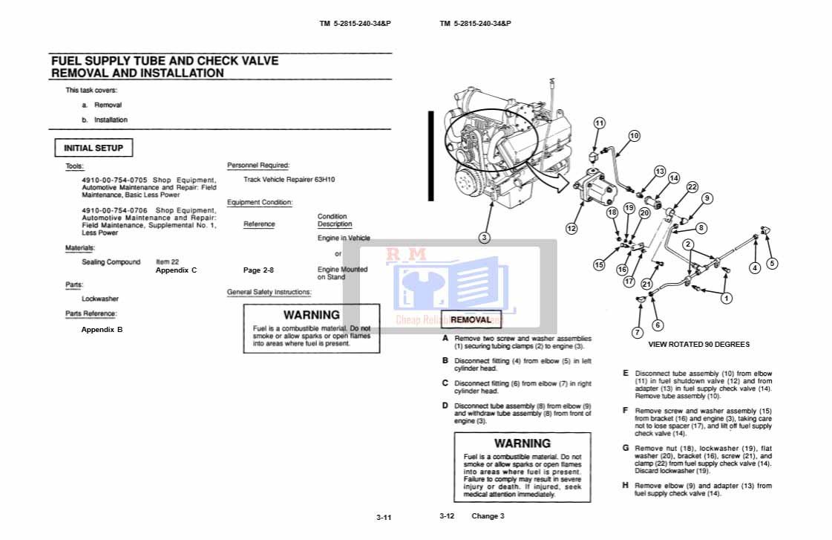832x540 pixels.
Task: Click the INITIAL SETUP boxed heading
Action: pyautogui.click(x=94, y=148)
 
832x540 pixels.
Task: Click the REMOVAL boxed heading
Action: pyautogui.click(x=471, y=320)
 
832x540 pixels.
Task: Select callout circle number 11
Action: pyautogui.click(x=599, y=123)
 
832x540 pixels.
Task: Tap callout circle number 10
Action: pyautogui.click(x=634, y=136)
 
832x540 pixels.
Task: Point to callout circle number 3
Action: pyautogui.click(x=484, y=238)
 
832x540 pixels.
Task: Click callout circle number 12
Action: pyautogui.click(x=571, y=229)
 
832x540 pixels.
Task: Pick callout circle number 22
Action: pyautogui.click(x=692, y=187)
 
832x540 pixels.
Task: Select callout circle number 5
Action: pyautogui.click(x=772, y=263)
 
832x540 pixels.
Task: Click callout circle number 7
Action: pyautogui.click(x=637, y=332)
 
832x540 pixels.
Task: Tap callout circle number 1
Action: pyautogui.click(x=727, y=299)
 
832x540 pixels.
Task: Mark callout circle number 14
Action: pyautogui.click(x=673, y=178)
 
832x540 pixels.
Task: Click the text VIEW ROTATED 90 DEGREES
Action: pyautogui.click(x=698, y=344)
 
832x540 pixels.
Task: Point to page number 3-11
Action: pyautogui.click(x=383, y=518)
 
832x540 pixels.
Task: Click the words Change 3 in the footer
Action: pyautogui.click(x=488, y=516)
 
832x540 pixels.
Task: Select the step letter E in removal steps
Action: pyautogui.click(x=626, y=373)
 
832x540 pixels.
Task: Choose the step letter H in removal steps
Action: pyautogui.click(x=626, y=485)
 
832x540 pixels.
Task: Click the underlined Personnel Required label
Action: pyautogui.click(x=258, y=166)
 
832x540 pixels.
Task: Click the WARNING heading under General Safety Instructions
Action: pyautogui.click(x=311, y=315)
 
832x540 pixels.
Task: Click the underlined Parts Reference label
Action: pyautogui.click(x=91, y=313)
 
